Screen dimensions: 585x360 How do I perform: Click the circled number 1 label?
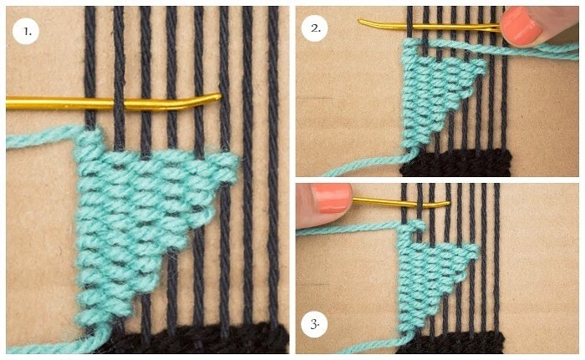(26, 31)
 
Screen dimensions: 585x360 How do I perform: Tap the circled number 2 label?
(315, 28)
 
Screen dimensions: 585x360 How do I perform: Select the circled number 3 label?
(314, 324)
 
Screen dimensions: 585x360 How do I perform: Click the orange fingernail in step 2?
(521, 27)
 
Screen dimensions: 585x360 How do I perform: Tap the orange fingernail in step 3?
(331, 199)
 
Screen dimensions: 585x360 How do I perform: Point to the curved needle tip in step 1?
(219, 97)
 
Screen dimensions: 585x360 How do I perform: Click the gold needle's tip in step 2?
(360, 22)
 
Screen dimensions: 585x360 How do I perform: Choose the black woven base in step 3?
(450, 342)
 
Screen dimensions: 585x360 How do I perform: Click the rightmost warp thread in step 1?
(273, 165)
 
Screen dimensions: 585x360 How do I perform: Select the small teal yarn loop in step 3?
(419, 225)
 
